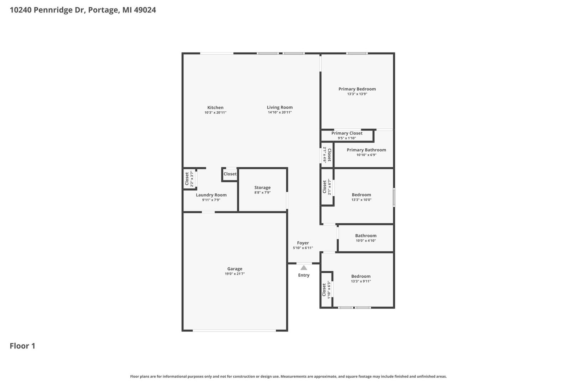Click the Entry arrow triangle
tap(304, 268)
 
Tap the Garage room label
tap(235, 269)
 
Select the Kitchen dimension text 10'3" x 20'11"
tap(215, 112)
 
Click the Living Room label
tap(280, 107)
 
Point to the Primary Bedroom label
tap(357, 89)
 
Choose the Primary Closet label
tap(347, 133)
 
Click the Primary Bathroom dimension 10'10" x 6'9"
tap(366, 155)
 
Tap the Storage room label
tap(262, 188)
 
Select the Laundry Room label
tap(211, 195)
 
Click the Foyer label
tap(303, 243)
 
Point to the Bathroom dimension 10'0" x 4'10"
tap(366, 241)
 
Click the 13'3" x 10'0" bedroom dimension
tap(362, 200)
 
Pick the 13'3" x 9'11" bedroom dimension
tap(361, 281)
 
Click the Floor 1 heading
tap(22, 346)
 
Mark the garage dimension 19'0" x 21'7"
tap(235, 274)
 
